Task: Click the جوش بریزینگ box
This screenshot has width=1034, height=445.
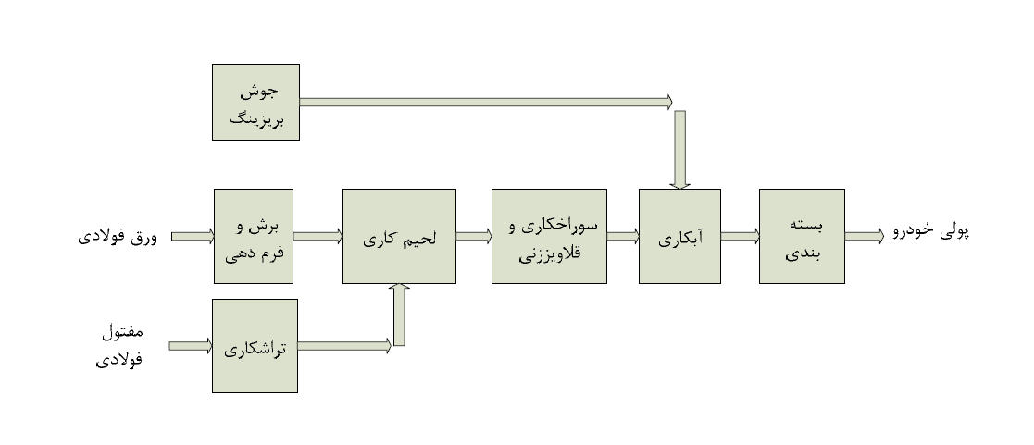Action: pyautogui.click(x=255, y=102)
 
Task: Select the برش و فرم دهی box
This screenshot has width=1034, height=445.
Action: pyautogui.click(x=253, y=236)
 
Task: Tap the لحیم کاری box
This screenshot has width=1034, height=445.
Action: pyautogui.click(x=398, y=236)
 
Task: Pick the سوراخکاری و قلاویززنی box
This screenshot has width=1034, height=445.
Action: pyautogui.click(x=548, y=236)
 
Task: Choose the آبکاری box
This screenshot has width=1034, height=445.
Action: pyautogui.click(x=679, y=236)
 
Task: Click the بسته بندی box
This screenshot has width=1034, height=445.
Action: pyautogui.click(x=801, y=236)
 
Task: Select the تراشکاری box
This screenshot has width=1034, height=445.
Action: pyautogui.click(x=255, y=345)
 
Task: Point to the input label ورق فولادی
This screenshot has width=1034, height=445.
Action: pyautogui.click(x=117, y=237)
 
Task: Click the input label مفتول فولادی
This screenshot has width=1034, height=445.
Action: pyautogui.click(x=120, y=345)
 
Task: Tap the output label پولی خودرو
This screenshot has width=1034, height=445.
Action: pyautogui.click(x=929, y=233)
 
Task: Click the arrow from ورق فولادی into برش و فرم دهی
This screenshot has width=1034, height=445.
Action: pyautogui.click(x=192, y=237)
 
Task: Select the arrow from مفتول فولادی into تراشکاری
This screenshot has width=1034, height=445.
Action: pyautogui.click(x=191, y=346)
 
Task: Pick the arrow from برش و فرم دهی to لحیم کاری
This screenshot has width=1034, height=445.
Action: pyautogui.click(x=318, y=237)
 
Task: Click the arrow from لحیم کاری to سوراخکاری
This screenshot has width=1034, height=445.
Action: pyautogui.click(x=473, y=237)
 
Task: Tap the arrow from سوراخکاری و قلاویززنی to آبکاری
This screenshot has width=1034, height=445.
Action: pyautogui.click(x=622, y=237)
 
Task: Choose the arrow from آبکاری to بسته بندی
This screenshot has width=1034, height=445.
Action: pyautogui.click(x=740, y=237)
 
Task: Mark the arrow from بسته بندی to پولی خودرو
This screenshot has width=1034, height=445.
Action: pyautogui.click(x=864, y=237)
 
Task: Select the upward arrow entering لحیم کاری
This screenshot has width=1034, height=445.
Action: pyautogui.click(x=399, y=315)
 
